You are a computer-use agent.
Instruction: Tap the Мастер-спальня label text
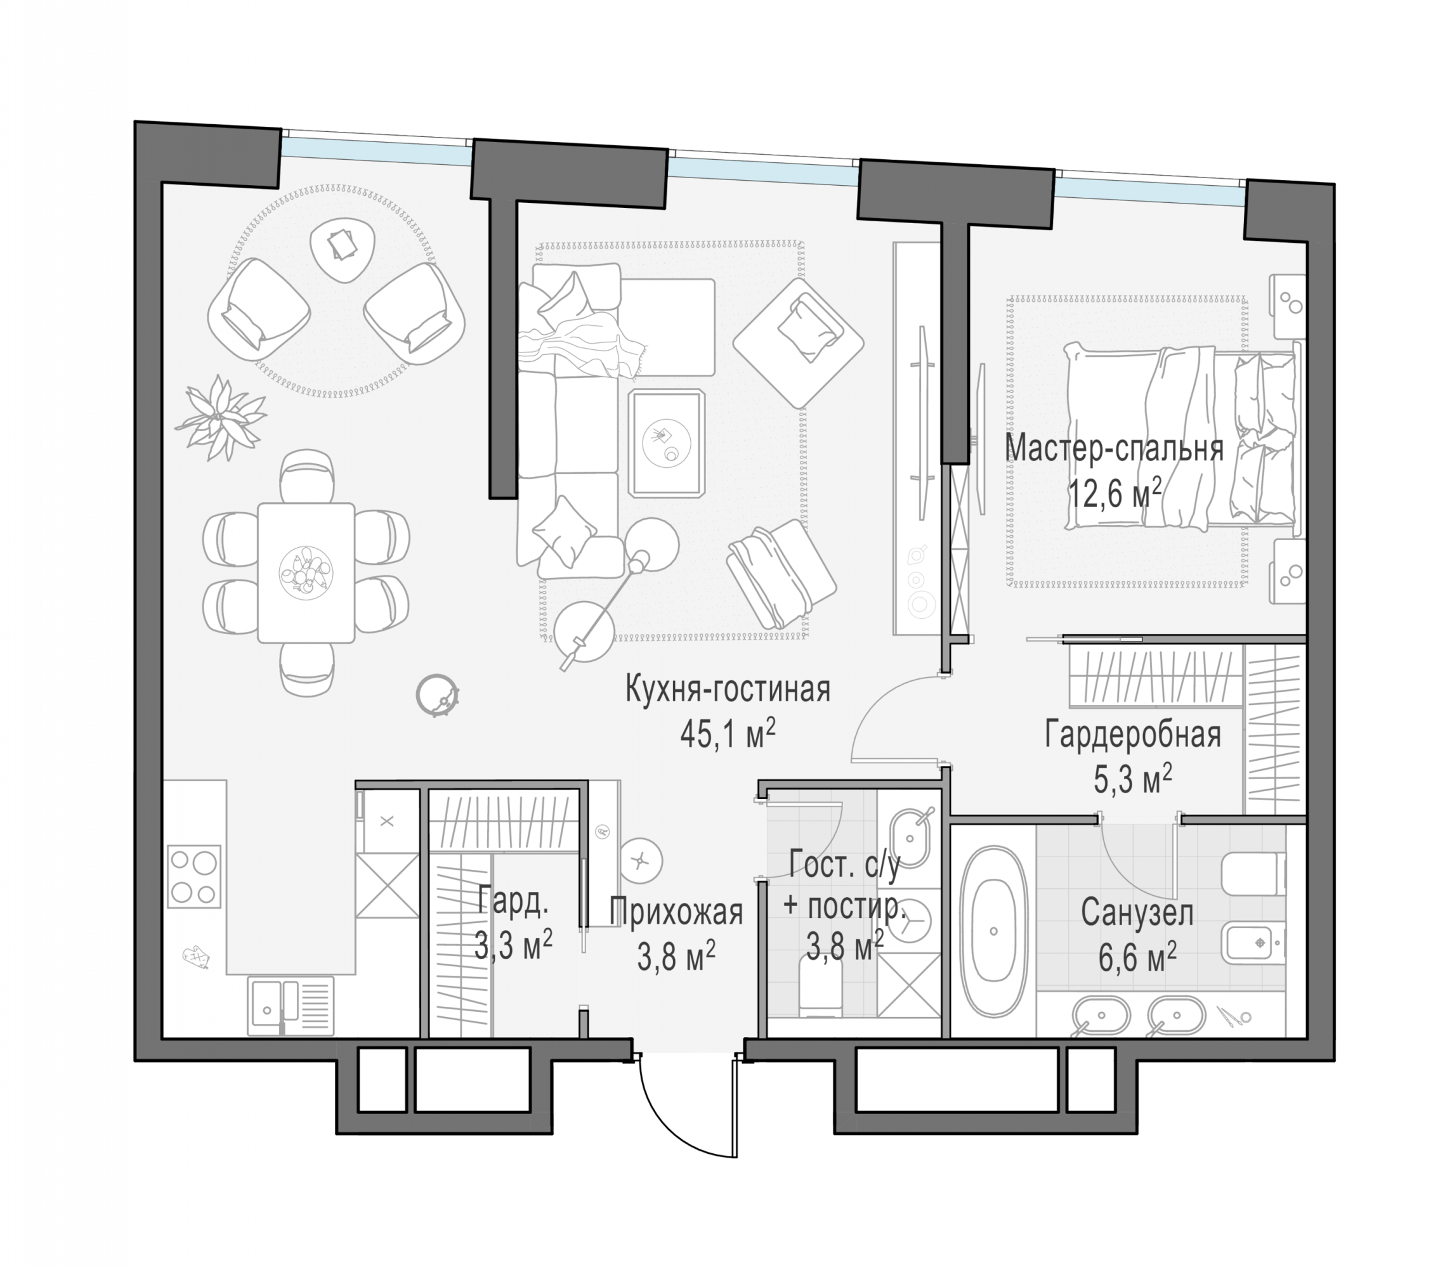1115,449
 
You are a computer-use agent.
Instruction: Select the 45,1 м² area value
727,734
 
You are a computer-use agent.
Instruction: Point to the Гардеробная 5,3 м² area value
1133,779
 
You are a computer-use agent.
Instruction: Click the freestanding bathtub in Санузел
993,931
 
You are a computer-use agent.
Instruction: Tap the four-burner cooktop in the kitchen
193,876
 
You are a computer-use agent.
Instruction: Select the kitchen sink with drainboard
291,1006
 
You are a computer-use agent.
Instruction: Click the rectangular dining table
306,573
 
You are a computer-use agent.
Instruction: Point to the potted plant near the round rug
221,417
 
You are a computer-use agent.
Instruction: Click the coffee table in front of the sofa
666,443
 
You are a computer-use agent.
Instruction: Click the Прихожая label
676,912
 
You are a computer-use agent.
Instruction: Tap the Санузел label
1137,913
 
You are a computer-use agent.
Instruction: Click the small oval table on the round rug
343,250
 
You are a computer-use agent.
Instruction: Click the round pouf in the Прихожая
641,860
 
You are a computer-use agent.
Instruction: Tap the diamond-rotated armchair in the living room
798,342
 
